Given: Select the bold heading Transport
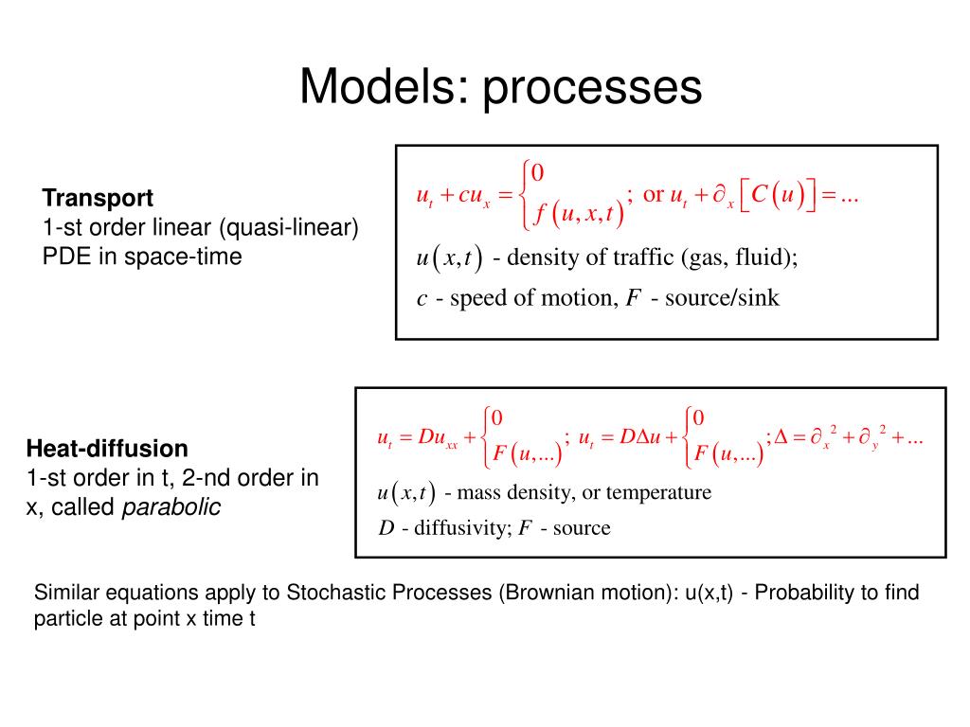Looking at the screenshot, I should coord(98,199).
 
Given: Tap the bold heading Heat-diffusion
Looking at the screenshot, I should coord(107,448).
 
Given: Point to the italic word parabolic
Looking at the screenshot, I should coord(171,507).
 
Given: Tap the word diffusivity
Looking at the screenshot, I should coord(460,528).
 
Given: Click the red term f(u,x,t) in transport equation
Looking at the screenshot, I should coord(577,215).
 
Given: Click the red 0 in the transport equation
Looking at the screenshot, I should coord(537,172).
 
